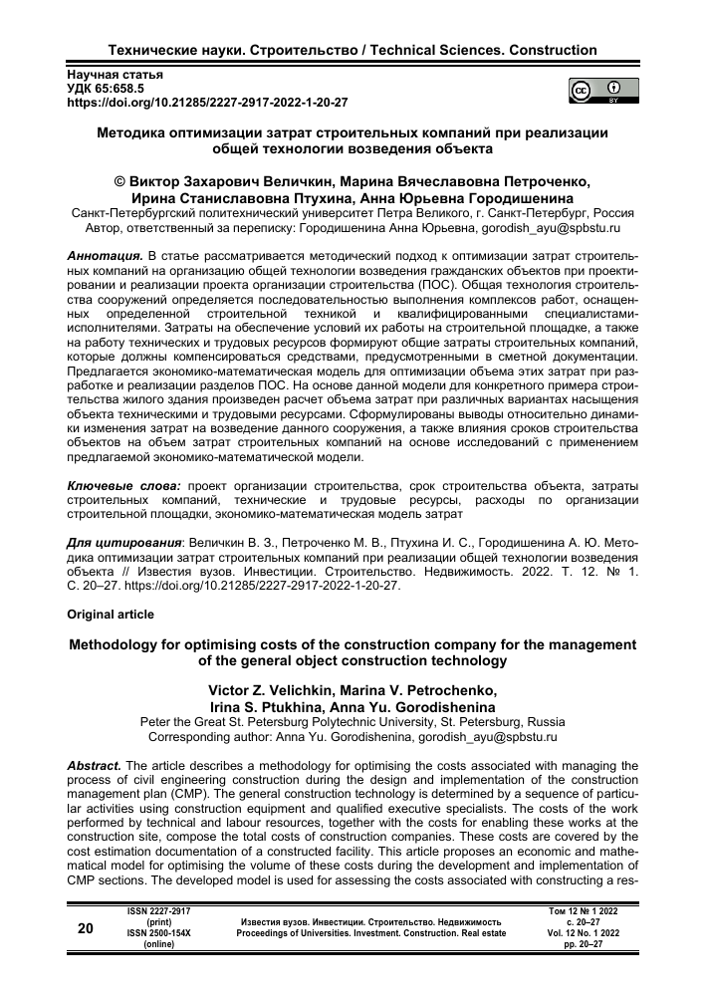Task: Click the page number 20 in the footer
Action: click(87, 928)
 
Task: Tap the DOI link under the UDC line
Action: click(207, 102)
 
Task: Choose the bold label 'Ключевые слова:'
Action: click(121, 485)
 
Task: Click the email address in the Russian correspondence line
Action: click(550, 227)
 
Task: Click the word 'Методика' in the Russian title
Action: click(133, 132)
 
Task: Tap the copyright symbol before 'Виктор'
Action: click(120, 182)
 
